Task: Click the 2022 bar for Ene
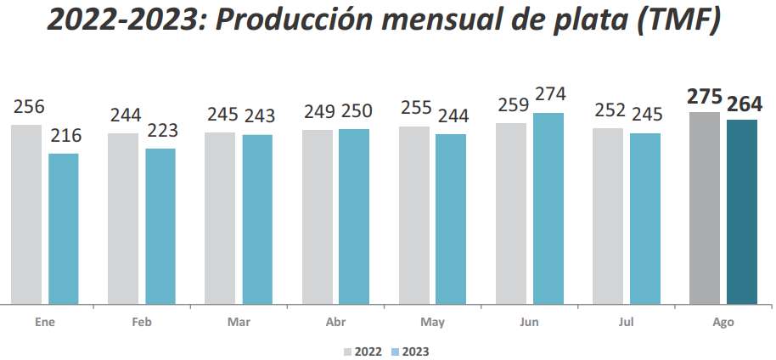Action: coord(26,214)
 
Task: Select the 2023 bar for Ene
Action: coord(64,228)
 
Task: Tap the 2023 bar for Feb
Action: coord(160,226)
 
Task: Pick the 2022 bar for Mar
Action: coord(220,217)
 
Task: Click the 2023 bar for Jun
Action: coord(548,208)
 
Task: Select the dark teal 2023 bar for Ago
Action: coord(742,211)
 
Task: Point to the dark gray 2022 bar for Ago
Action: coord(705,207)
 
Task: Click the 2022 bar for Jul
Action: coord(608,216)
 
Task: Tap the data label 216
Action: coord(64,137)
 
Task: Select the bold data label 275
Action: coord(705,96)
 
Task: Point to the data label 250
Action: coord(354,111)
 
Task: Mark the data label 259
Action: coord(511,106)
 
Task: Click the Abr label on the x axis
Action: coord(335,323)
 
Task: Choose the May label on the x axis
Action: coord(432,323)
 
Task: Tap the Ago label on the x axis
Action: coord(723,323)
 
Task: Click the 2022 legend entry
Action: coord(363,351)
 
